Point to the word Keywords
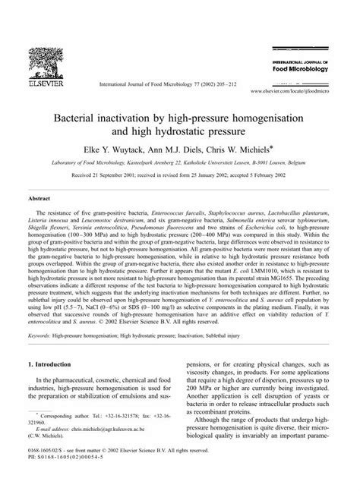(x=42, y=333)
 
